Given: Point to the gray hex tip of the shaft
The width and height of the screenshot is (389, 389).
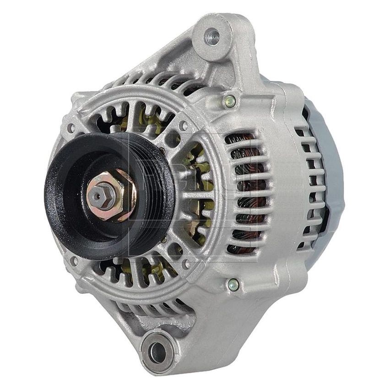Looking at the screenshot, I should point(97,195).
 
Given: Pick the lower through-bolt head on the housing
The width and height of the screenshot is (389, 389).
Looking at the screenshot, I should point(233,284).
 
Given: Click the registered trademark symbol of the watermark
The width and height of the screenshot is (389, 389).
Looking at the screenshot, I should point(261,131).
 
